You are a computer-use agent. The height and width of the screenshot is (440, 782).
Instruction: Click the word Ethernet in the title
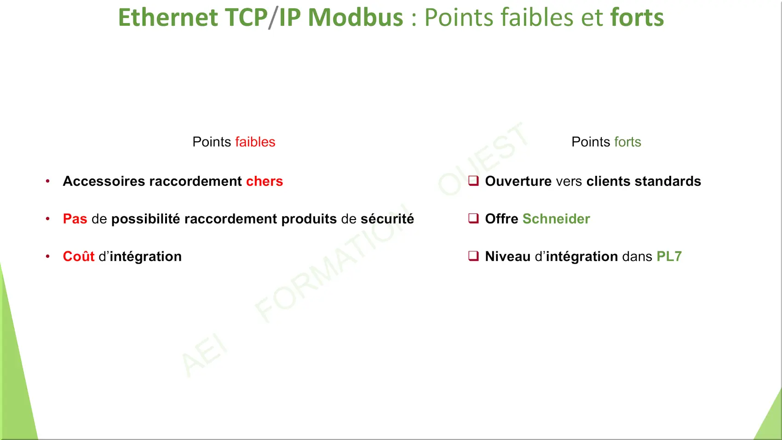click(x=168, y=17)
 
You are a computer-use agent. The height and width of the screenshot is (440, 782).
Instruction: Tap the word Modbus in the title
click(x=356, y=17)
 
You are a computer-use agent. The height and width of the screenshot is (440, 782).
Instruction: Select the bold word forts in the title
click(x=637, y=17)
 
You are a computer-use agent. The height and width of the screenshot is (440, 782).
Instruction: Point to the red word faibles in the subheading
click(x=255, y=142)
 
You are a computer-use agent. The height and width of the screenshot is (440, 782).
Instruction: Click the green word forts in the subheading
click(x=628, y=142)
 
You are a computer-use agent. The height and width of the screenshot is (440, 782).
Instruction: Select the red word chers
click(x=264, y=181)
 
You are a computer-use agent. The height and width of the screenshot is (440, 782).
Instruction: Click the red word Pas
click(x=75, y=219)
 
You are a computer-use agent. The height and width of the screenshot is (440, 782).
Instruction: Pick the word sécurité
click(x=387, y=219)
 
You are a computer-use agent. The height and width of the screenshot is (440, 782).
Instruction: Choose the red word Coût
click(x=79, y=256)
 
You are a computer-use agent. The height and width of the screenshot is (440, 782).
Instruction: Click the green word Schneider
click(x=556, y=219)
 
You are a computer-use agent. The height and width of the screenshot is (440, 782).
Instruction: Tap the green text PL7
click(x=669, y=256)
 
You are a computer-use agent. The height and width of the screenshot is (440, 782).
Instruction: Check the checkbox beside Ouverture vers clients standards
click(x=473, y=181)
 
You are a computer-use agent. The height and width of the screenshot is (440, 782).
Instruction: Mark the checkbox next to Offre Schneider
click(x=473, y=218)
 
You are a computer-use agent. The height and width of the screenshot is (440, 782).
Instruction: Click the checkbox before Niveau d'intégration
click(x=473, y=256)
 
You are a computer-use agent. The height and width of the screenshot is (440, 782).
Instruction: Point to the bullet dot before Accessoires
click(x=47, y=181)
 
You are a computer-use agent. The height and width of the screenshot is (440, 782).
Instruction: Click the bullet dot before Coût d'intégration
click(x=47, y=256)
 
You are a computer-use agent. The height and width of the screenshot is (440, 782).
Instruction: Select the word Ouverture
click(x=518, y=181)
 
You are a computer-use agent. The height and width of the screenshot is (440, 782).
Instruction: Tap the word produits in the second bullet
click(x=309, y=219)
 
